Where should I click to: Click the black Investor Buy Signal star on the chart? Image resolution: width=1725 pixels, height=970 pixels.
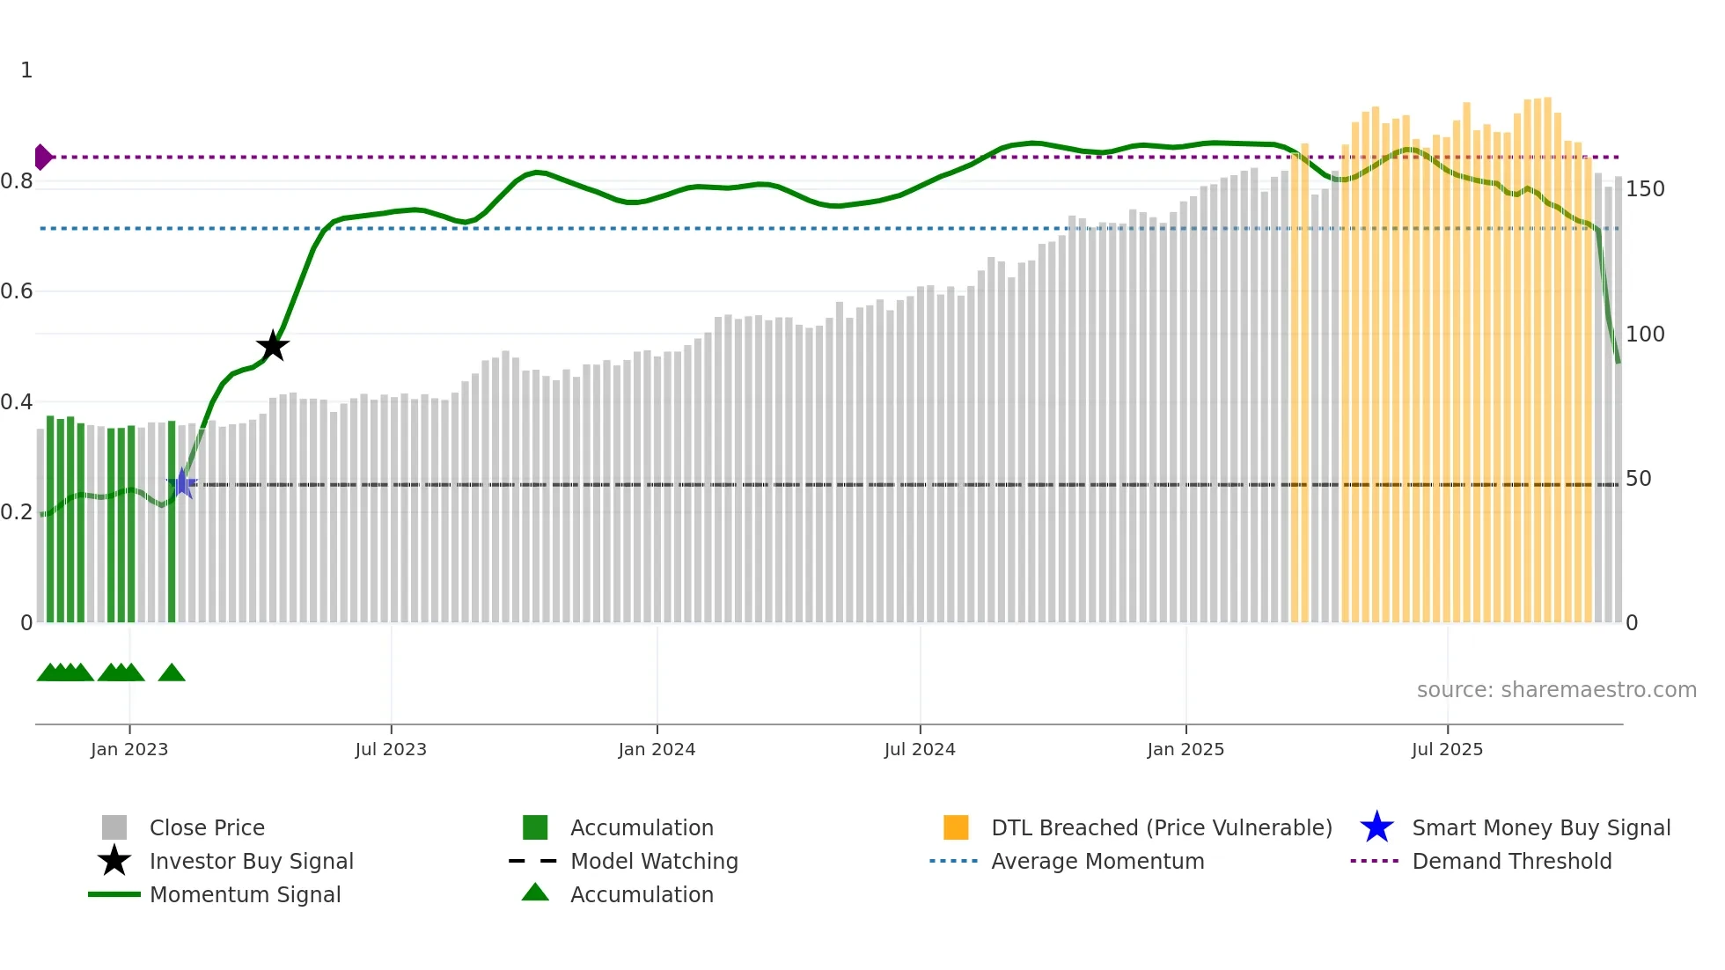pos(273,346)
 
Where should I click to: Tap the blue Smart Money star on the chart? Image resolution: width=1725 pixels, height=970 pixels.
pos(182,483)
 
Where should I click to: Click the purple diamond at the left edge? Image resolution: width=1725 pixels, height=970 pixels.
pos(42,157)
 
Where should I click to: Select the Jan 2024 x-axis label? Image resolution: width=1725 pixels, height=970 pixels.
pos(657,749)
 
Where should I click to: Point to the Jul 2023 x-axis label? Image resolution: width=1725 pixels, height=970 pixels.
pos(391,749)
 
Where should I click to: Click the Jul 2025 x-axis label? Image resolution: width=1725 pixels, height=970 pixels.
pos(1447,749)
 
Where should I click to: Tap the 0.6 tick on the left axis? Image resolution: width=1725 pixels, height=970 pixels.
pos(17,291)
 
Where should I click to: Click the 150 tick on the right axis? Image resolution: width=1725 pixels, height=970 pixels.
pos(1644,189)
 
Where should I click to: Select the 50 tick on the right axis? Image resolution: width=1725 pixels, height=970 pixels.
pos(1638,479)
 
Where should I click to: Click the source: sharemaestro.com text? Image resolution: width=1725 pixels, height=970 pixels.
pos(1556,690)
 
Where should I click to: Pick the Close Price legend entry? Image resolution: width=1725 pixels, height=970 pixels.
pos(207,827)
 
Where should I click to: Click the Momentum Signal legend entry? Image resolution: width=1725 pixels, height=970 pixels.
pos(245,894)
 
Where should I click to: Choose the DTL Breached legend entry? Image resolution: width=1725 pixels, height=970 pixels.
pos(1161,827)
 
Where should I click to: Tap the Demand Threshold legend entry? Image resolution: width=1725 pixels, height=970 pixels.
pos(1511,861)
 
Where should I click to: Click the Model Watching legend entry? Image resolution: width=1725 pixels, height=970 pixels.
pos(653,861)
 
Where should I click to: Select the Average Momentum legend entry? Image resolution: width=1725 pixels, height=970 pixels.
pos(1097,861)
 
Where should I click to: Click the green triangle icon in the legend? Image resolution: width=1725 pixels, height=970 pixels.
pos(535,893)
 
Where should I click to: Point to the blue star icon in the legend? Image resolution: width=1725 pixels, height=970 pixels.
pos(1376,827)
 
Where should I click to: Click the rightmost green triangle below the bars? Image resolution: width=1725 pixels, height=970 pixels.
pos(172,673)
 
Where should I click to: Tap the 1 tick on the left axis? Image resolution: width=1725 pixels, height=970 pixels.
pos(26,70)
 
